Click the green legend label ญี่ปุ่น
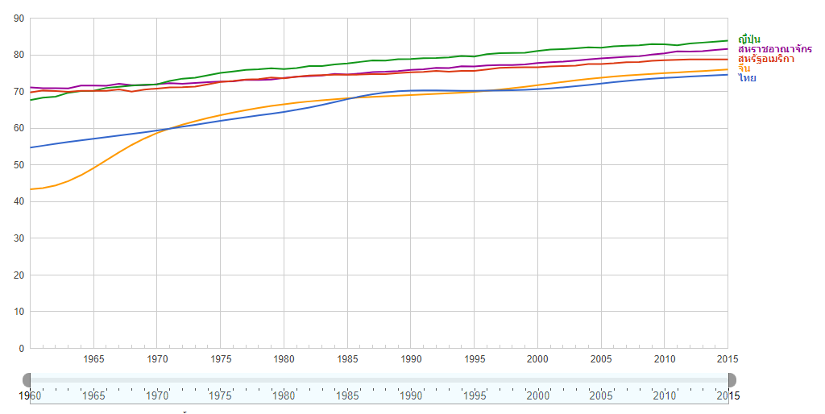tap(748, 39)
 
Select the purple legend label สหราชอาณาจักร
tap(774, 49)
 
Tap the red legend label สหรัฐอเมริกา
tap(765, 59)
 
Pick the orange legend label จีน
tap(744, 68)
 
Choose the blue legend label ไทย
tap(747, 78)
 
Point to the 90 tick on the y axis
tap(19, 19)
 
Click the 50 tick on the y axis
tap(19, 165)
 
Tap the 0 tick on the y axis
tap(22, 349)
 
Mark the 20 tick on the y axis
tap(19, 275)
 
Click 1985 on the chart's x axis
tap(347, 358)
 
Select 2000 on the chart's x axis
tap(537, 358)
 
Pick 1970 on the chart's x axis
tap(157, 358)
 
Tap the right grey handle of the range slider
tap(730, 379)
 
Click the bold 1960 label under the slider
tap(29, 395)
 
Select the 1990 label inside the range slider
tap(410, 395)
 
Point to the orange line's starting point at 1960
tap(31, 189)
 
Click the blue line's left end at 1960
tap(31, 147)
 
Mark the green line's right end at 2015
tap(728, 40)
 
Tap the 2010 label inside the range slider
tap(664, 395)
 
